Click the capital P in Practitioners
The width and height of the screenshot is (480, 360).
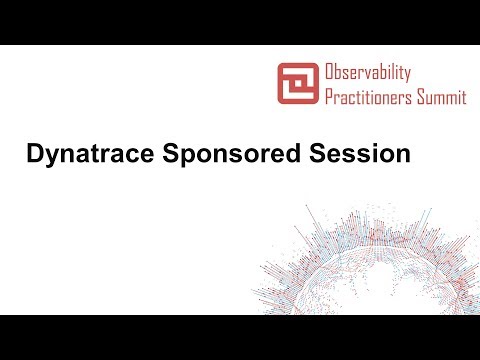[x=328, y=97]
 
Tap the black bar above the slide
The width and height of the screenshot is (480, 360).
[x=240, y=22]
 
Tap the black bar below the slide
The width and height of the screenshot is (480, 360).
[x=240, y=337]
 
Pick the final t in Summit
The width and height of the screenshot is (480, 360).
[x=464, y=97]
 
